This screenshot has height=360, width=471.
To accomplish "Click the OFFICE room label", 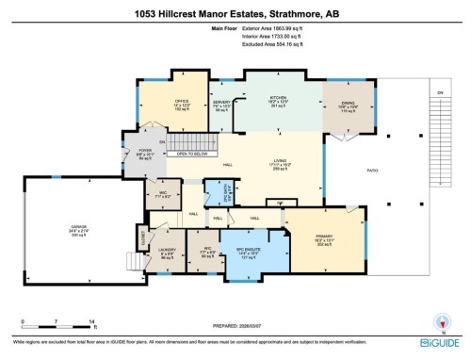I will (183, 98).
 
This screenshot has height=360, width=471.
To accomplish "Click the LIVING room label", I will (280, 161).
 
